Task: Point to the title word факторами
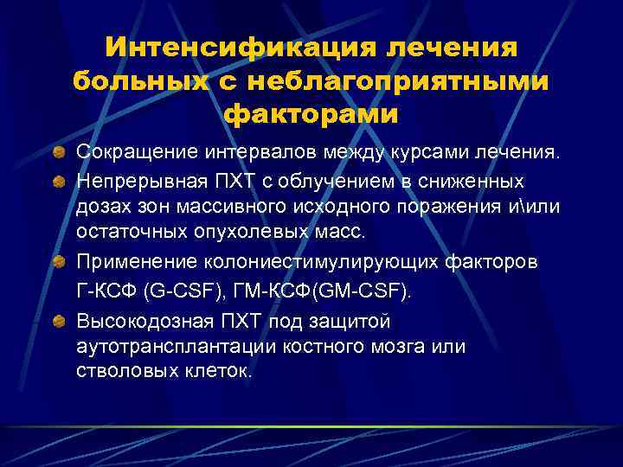pos(311,113)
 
